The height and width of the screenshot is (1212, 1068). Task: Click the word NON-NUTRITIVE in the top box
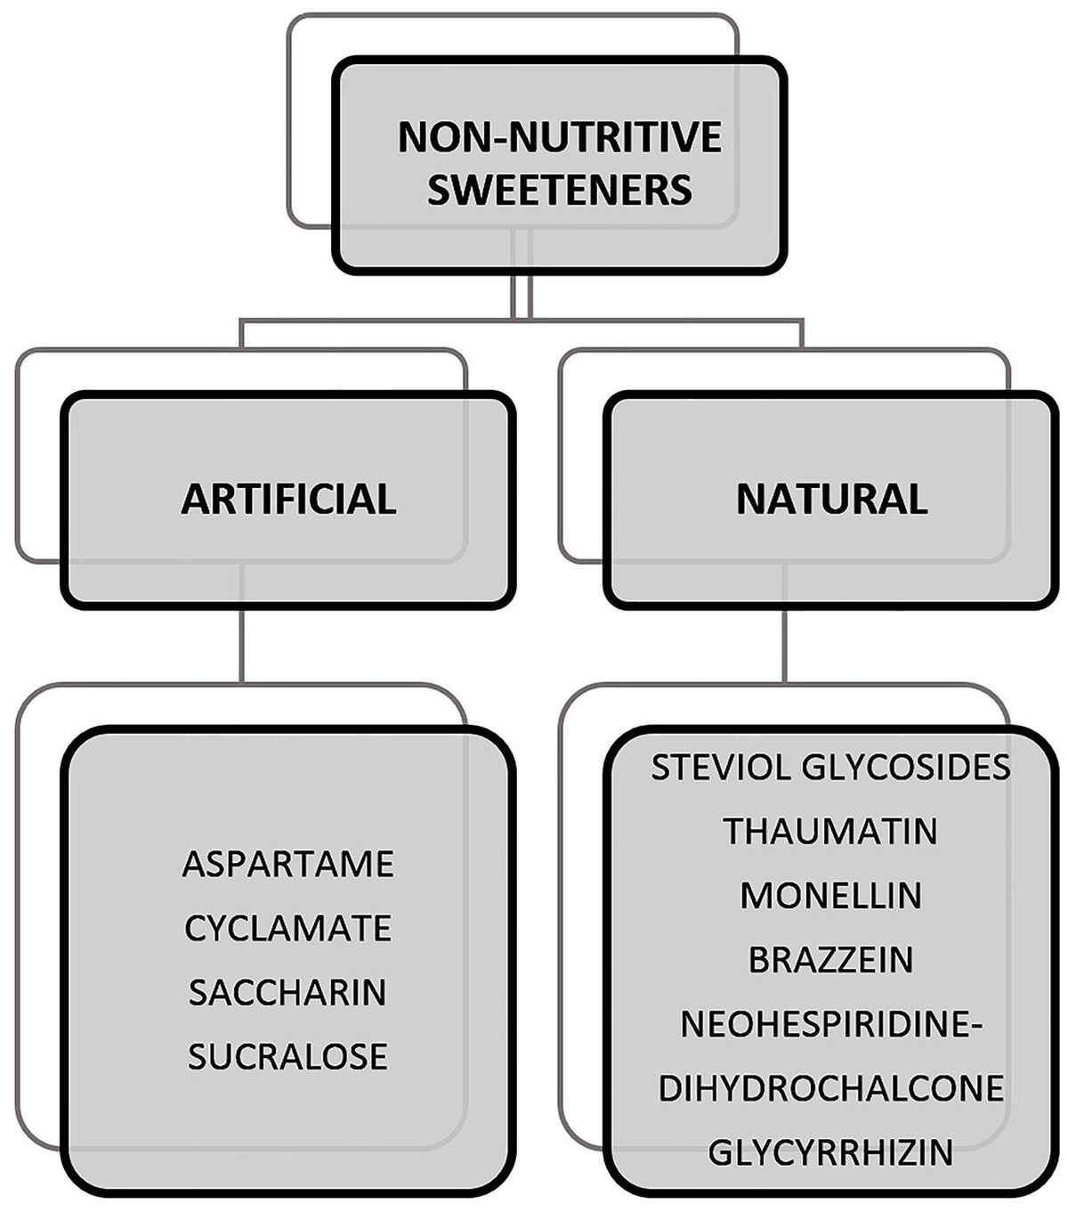(559, 138)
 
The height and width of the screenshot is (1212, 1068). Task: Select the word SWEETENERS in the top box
(559, 190)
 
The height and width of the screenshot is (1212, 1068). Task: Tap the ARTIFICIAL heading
(288, 499)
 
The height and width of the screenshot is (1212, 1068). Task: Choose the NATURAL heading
(831, 499)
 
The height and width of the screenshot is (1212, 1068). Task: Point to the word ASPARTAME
(287, 864)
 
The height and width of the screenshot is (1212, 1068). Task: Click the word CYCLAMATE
(287, 928)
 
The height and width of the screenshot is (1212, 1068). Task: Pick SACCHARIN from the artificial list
(287, 992)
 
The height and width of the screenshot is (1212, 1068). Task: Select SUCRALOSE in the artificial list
(287, 1056)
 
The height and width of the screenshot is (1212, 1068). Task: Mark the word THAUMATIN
(830, 831)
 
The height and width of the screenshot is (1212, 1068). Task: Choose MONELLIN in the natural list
(830, 895)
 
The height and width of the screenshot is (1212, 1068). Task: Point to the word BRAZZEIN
(830, 960)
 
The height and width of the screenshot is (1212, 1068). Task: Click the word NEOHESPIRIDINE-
(830, 1024)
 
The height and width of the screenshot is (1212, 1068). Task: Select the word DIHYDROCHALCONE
(830, 1088)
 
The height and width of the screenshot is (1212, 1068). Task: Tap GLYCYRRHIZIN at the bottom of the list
(830, 1152)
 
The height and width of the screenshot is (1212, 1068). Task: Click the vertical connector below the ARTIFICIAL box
(242, 646)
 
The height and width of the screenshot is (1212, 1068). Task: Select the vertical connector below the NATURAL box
(784, 646)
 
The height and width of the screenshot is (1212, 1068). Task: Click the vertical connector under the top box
(522, 294)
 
